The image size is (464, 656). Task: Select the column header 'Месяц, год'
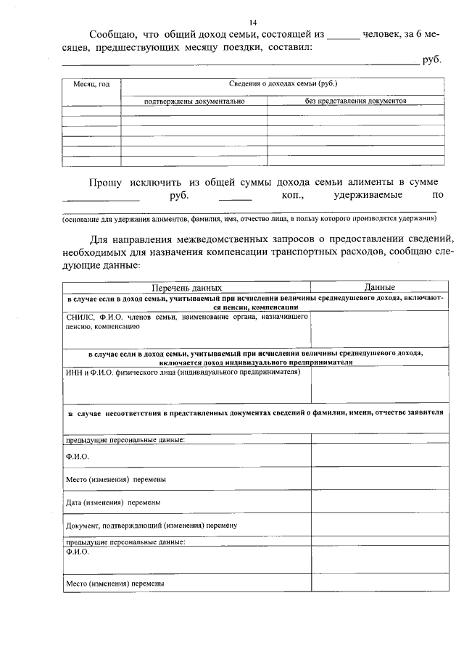tap(91, 85)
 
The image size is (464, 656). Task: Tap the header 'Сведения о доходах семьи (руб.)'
tap(283, 85)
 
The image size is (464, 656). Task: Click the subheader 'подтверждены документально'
tap(194, 101)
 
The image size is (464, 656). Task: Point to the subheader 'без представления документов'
tap(356, 101)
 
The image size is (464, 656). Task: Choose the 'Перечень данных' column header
tap(187, 288)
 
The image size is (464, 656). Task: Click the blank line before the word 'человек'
tap(344, 36)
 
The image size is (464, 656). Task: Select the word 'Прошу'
tap(105, 182)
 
